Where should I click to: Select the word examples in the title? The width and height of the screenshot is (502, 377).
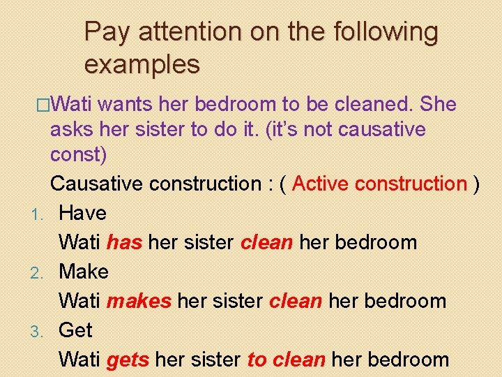point(142,64)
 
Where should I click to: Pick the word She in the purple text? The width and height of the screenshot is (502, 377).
point(439,105)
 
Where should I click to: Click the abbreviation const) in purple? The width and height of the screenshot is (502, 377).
point(78,154)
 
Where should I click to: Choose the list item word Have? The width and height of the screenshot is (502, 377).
point(82,213)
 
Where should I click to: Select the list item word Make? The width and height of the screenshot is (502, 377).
point(84,272)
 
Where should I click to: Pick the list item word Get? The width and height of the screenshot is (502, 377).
point(75,330)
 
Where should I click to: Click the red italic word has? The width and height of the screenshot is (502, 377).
point(124,242)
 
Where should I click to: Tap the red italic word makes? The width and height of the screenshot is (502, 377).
point(139,301)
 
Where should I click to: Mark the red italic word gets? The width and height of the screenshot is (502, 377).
point(128,360)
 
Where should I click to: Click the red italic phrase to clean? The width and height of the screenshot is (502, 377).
point(286,360)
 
